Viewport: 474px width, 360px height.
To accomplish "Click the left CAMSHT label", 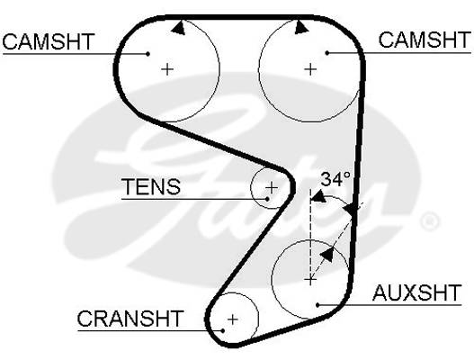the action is (x=49, y=41).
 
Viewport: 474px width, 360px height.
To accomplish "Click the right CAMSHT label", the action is (x=425, y=40).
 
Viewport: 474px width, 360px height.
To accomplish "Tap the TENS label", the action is (x=151, y=186).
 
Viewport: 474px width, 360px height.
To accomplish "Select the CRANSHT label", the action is (x=130, y=319).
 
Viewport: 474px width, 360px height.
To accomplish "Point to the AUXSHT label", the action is (x=416, y=292).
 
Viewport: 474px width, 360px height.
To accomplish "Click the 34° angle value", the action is (x=335, y=179).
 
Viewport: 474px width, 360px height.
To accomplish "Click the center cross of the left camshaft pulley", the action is (x=167, y=69).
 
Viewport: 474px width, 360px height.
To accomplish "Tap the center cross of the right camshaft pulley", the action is (x=310, y=69).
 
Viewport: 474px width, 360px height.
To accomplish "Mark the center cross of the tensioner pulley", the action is (x=271, y=187).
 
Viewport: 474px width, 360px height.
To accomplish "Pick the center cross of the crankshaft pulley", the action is (x=232, y=319).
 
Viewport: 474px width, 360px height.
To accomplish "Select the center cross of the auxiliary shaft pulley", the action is (x=310, y=280).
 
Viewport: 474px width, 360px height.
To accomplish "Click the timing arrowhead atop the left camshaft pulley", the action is (x=178, y=28).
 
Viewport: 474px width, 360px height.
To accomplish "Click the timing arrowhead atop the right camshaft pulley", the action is (x=301, y=27).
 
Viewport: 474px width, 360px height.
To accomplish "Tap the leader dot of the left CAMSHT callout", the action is (x=148, y=54).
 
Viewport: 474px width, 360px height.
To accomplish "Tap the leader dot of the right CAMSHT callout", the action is (x=327, y=52).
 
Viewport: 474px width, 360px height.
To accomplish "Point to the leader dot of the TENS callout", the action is (x=267, y=199).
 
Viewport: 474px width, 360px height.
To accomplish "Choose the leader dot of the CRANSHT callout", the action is (x=223, y=330).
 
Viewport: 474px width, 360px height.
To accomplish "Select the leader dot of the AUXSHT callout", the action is (x=317, y=304).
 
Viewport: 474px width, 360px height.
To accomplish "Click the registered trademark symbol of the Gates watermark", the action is (x=430, y=221).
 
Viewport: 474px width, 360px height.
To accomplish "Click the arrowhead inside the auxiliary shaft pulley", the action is (x=327, y=255).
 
